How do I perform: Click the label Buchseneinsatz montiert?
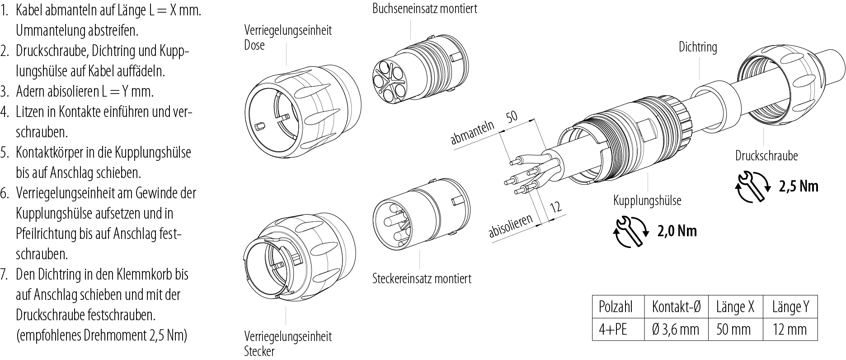424,9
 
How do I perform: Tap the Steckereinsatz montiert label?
421,278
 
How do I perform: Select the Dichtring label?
698,47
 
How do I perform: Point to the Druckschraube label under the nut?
766,156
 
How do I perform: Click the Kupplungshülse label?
647,200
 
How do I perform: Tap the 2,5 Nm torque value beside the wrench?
799,186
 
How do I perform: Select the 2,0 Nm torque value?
677,231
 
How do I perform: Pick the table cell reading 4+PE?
613,329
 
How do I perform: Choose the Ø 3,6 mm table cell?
676,329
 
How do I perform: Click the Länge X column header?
735,308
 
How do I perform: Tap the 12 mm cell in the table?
790,329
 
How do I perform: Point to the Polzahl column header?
615,308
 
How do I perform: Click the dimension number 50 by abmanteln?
511,117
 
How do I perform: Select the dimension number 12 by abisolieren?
555,207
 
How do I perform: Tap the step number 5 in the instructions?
5,153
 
